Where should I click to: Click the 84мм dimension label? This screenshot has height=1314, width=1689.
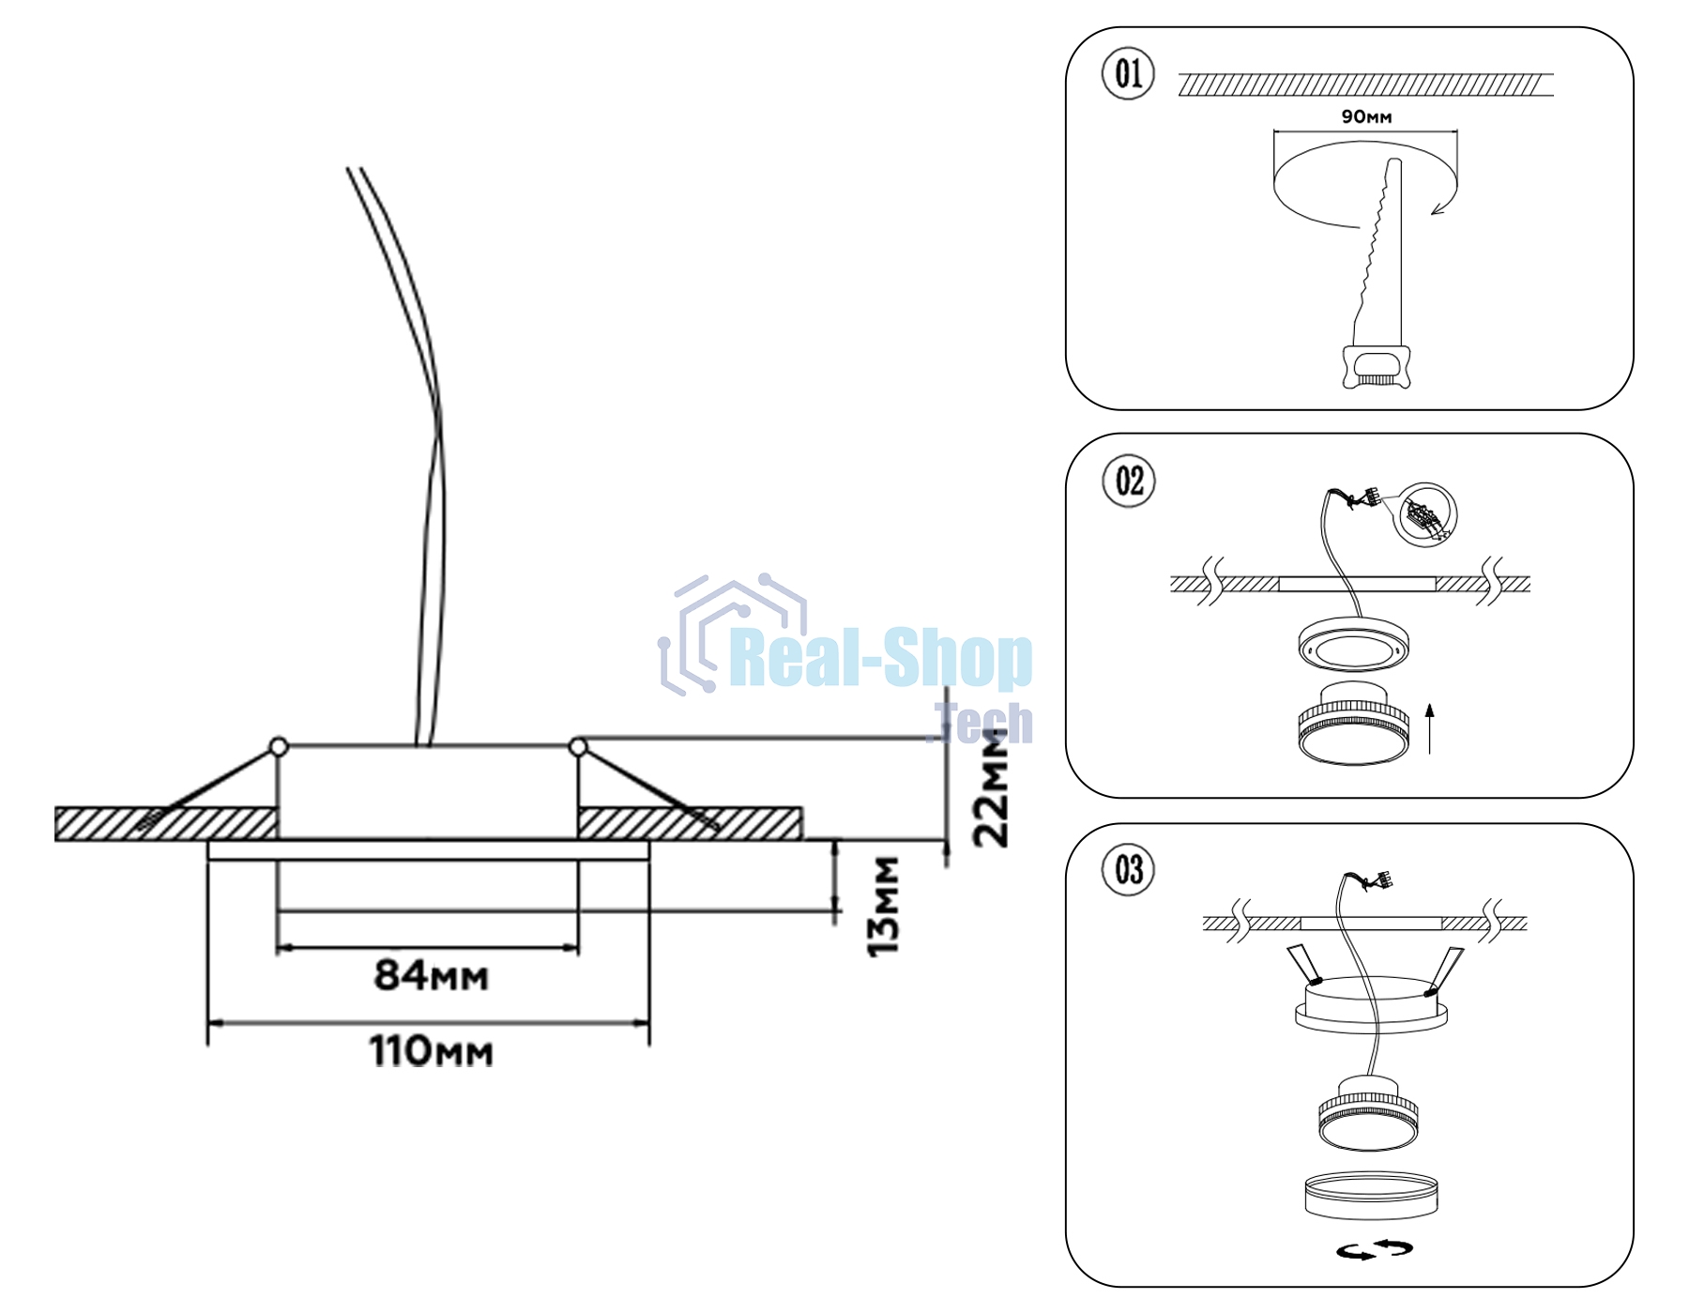pos(432,975)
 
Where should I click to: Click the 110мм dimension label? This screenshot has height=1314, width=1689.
pos(432,1051)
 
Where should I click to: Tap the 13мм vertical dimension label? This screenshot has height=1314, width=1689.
pos(883,906)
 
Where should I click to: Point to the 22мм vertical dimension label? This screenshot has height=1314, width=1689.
pos(991,788)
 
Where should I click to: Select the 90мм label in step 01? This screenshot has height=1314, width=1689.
pos(1366,117)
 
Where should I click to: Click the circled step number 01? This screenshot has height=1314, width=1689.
pos(1128,73)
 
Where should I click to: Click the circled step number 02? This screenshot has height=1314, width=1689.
pos(1129,481)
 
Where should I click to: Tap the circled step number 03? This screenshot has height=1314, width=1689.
pos(1129,869)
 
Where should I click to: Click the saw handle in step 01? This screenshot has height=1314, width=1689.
pos(1377,367)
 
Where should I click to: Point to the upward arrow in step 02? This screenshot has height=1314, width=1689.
pos(1430,729)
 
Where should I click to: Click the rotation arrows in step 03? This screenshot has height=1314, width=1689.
pos(1375,1249)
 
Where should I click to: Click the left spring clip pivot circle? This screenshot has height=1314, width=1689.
pos(278,747)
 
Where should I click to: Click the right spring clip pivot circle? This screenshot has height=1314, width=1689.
pos(578,747)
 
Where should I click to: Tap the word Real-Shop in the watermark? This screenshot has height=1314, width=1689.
pos(880,659)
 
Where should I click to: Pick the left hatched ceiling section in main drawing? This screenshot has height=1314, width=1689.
pos(166,823)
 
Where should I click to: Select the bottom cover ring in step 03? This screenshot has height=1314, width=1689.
pos(1371,1195)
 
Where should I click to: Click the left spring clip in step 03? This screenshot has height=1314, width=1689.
pos(1302,964)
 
